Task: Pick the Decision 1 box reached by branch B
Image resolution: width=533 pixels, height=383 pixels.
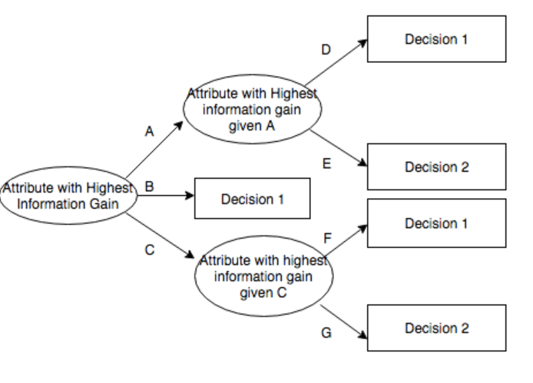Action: tap(253, 200)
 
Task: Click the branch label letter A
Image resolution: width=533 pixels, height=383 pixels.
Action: tap(150, 132)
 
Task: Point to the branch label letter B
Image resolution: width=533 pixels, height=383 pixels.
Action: tap(151, 185)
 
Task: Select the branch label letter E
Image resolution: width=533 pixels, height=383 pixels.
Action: tap(327, 163)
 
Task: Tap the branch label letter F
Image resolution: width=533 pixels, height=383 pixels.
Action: tap(327, 239)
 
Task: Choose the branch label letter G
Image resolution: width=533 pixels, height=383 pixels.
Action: tap(327, 334)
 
